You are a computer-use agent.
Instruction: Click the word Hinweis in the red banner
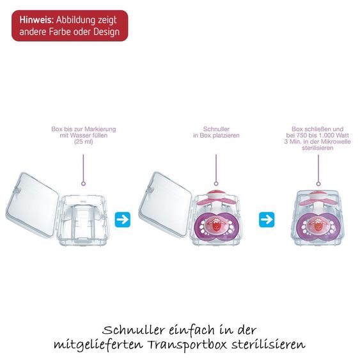coord(36,20)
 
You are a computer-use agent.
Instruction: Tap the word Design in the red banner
coord(107,32)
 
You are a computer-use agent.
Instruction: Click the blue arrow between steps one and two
coord(123,220)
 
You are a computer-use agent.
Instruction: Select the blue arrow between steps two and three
coord(267,220)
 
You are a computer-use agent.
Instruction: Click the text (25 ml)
coord(84,142)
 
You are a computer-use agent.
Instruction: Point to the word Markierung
coord(101,129)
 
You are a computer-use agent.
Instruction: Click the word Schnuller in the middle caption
coord(216,129)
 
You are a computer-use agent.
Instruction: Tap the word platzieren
coord(226,136)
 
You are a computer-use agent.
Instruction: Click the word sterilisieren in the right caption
coord(318,148)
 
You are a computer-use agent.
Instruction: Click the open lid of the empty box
coord(32,205)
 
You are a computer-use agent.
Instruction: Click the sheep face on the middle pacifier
coord(216,225)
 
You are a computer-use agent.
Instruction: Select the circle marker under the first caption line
coord(83,184)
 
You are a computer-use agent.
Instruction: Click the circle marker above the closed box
coord(318,184)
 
